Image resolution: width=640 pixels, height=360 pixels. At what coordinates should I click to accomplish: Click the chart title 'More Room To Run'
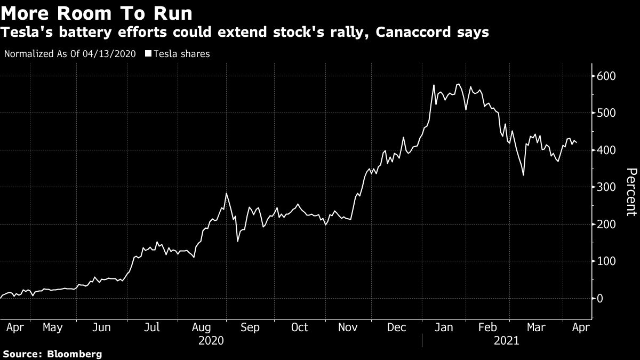pyautogui.click(x=97, y=12)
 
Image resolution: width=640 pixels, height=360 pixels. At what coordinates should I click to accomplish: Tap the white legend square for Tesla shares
pyautogui.click(x=149, y=54)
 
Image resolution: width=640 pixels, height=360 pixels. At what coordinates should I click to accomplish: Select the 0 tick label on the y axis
pyautogui.click(x=600, y=298)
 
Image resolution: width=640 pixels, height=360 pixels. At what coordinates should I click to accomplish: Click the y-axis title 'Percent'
pyautogui.click(x=631, y=191)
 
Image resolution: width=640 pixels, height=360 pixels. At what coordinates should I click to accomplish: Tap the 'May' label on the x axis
pyautogui.click(x=52, y=327)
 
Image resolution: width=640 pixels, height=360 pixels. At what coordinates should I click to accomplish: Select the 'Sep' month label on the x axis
pyautogui.click(x=250, y=327)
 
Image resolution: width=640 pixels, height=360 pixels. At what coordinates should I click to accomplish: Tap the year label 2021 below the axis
pyautogui.click(x=506, y=340)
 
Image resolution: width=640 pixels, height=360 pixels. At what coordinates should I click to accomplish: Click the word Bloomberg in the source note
pyautogui.click(x=75, y=354)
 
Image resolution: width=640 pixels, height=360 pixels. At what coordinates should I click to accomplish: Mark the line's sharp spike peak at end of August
pyautogui.click(x=226, y=193)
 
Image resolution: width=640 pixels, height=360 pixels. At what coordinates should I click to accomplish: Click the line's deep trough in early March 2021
pyautogui.click(x=523, y=175)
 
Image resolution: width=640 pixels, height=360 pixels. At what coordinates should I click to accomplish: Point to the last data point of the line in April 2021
pyautogui.click(x=577, y=142)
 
